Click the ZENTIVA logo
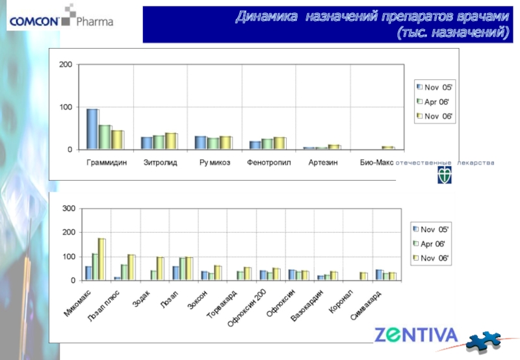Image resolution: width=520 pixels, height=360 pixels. pyautogui.click(x=416, y=336)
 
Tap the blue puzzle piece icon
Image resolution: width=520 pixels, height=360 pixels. pyautogui.click(x=485, y=339)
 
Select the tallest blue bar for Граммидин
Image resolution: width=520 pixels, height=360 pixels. pyautogui.click(x=92, y=129)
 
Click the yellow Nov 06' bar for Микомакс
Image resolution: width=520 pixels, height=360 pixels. pyautogui.click(x=101, y=259)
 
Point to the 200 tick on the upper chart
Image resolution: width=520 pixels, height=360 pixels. pyautogui.click(x=66, y=65)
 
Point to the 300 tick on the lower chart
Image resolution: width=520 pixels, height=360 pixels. pyautogui.click(x=69, y=209)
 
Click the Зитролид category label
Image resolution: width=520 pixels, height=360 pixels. pyautogui.click(x=160, y=162)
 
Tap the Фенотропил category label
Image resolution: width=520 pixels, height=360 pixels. pyautogui.click(x=269, y=162)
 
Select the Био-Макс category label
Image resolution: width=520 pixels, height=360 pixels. pyautogui.click(x=376, y=162)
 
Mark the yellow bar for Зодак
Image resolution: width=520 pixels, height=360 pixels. pyautogui.click(x=160, y=268)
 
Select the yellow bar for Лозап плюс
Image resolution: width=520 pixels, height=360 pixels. pyautogui.click(x=131, y=267)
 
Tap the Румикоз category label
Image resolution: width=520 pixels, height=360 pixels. pyautogui.click(x=215, y=162)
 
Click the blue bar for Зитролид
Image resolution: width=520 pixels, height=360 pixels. pyautogui.click(x=147, y=143)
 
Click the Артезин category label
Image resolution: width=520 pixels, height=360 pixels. pyautogui.click(x=323, y=162)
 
